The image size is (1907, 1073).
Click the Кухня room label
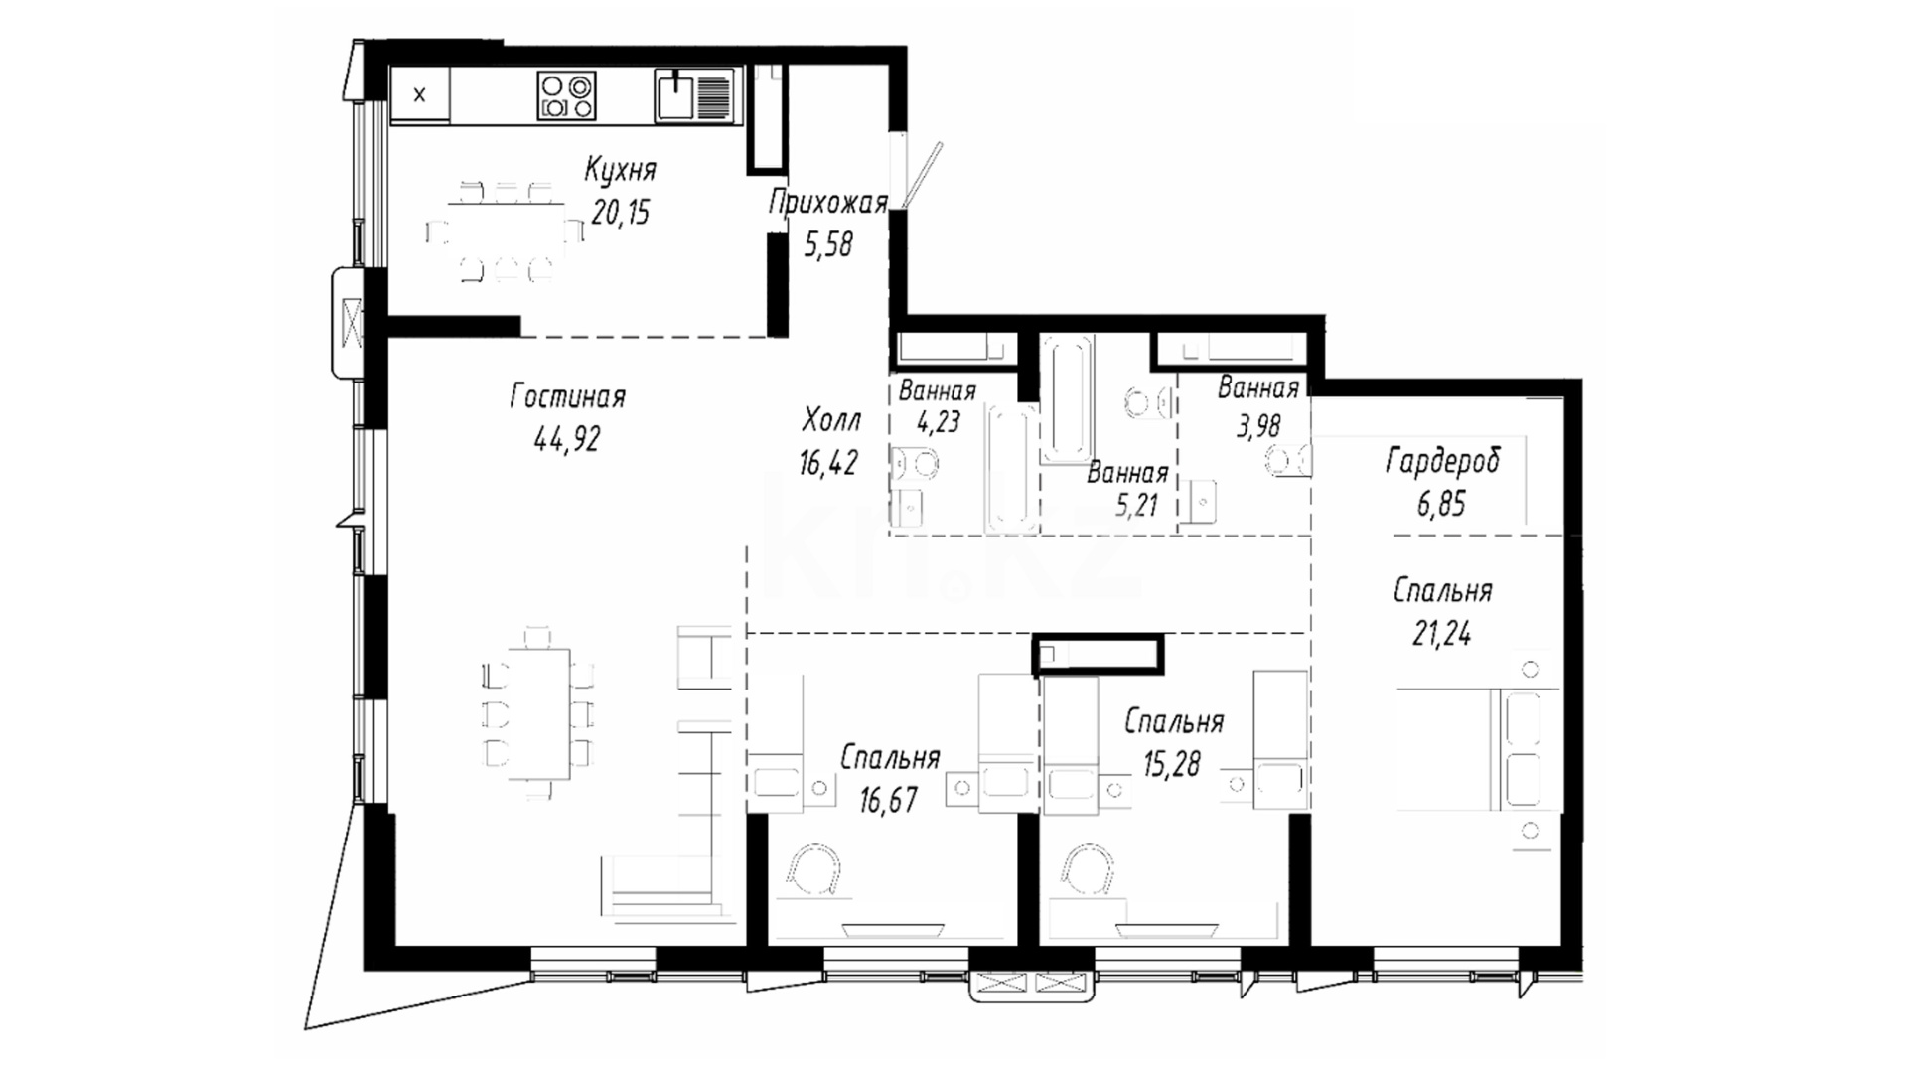[x=620, y=171]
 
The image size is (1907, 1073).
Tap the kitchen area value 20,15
[x=621, y=212]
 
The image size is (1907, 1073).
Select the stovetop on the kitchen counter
[x=567, y=95]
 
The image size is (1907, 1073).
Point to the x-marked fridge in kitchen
[x=420, y=95]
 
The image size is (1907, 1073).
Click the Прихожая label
[x=827, y=204]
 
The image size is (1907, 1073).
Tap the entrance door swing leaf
[x=922, y=175]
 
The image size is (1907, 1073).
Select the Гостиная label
[x=567, y=397]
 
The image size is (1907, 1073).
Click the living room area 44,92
[x=567, y=438]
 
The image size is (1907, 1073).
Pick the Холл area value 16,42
[x=827, y=462]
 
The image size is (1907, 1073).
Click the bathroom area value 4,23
[x=938, y=421]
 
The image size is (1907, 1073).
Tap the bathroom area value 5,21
[x=1136, y=505]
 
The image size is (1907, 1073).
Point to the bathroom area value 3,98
[x=1258, y=425]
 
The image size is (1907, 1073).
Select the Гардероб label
[x=1442, y=462]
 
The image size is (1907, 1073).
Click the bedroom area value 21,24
[x=1442, y=634]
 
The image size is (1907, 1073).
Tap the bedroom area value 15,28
[x=1172, y=764]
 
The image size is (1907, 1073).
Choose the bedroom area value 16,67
[x=888, y=800]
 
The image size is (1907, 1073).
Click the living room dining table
[x=540, y=713]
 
